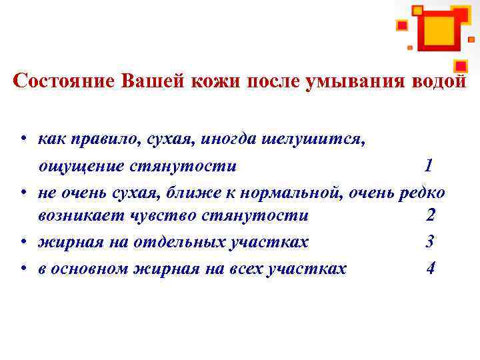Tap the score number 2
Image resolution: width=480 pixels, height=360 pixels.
[430, 216]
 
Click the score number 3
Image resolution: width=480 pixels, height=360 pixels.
[430, 241]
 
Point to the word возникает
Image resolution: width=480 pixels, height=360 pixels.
[75, 216]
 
